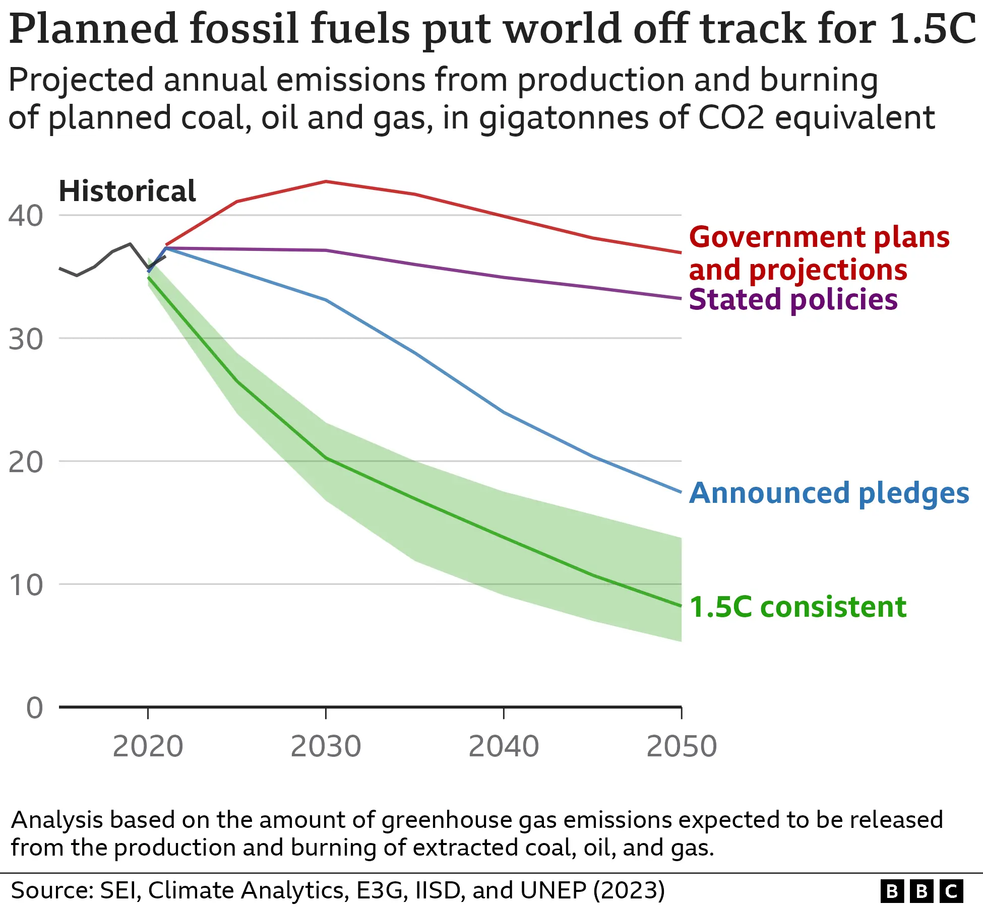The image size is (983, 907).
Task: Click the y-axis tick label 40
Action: pos(25,216)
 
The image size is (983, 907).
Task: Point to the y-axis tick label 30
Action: pos(25,339)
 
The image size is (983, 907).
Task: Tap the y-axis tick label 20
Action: pos(25,462)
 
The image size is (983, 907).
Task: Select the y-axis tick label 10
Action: pos(25,585)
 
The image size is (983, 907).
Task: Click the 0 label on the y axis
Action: pos(34,707)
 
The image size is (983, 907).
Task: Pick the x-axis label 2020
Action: pos(148,746)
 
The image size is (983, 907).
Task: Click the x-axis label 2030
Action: pos(326,746)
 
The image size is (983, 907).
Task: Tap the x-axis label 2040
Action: pos(504,746)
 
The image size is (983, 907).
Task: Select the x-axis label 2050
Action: pos(681,746)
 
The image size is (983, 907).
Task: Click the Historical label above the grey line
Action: pos(127,191)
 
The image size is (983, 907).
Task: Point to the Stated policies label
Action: pos(792,299)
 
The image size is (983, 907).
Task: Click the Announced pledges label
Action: pos(829,493)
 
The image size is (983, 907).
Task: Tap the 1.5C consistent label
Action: pos(797,607)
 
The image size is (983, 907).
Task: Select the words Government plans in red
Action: pos(819,237)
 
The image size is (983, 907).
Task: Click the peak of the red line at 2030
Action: pos(326,181)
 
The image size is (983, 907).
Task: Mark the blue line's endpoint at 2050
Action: pos(681,492)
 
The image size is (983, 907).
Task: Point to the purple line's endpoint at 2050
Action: pos(681,298)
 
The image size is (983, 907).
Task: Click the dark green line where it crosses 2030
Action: pos(326,458)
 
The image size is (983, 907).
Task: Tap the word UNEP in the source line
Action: pos(553,890)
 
